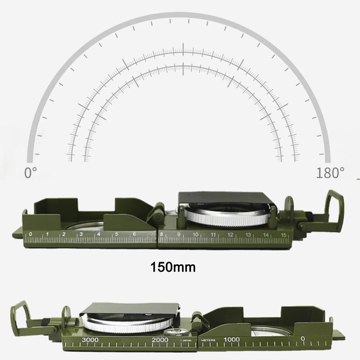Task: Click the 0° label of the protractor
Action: [30, 173]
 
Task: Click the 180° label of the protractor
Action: [328, 173]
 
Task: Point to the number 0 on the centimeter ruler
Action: [30, 234]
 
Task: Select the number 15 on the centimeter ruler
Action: [284, 235]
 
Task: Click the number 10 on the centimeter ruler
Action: [195, 235]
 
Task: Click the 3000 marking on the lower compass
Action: [90, 340]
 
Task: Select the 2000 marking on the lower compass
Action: [160, 340]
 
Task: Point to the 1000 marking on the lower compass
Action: [232, 339]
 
